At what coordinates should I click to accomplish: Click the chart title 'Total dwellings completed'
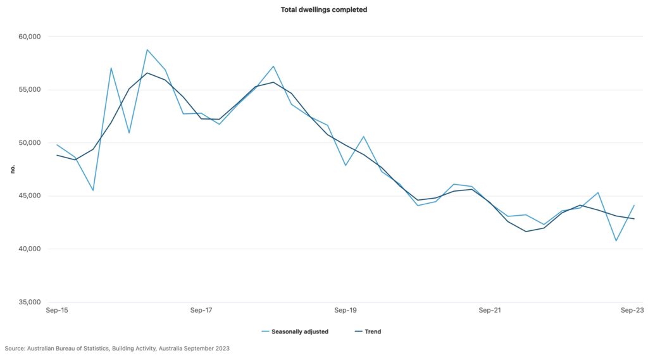click(x=323, y=10)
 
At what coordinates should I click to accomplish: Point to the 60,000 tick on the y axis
click(x=27, y=37)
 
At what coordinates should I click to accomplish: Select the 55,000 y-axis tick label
click(x=27, y=90)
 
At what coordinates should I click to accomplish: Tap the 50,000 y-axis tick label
click(x=27, y=143)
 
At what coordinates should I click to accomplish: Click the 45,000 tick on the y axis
click(x=27, y=196)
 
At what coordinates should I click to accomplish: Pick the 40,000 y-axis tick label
click(x=27, y=249)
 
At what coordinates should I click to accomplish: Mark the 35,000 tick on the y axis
click(x=27, y=302)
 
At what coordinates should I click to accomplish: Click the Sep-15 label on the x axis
click(x=57, y=311)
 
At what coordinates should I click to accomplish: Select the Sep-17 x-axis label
click(x=201, y=311)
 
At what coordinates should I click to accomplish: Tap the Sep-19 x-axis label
click(x=346, y=311)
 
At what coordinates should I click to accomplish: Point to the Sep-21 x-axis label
click(x=490, y=311)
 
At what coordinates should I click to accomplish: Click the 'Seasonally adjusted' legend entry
click(x=299, y=332)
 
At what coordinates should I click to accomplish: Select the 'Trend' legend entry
click(x=372, y=332)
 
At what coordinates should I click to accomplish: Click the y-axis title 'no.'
click(x=12, y=169)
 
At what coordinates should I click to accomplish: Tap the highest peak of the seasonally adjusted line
click(x=147, y=49)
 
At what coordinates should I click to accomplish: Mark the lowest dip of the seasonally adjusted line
click(x=616, y=240)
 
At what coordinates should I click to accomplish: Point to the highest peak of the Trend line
click(x=147, y=73)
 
